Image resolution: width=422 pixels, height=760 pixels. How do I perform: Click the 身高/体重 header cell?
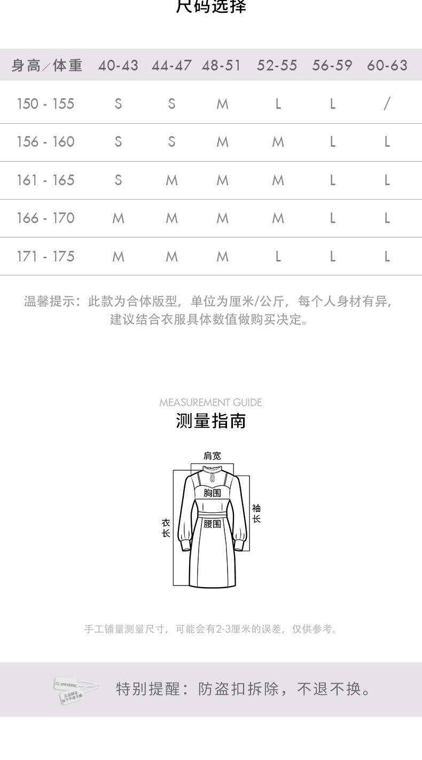click(47, 66)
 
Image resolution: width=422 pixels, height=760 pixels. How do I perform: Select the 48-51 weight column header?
click(222, 66)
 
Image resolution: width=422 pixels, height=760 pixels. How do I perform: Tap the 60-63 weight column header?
click(387, 66)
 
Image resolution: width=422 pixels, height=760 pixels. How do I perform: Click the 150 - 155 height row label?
click(45, 104)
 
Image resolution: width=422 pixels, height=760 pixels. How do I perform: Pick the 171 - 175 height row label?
click(45, 256)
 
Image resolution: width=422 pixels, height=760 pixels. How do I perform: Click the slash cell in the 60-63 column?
click(387, 104)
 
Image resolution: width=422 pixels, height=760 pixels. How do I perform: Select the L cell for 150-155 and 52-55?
click(278, 104)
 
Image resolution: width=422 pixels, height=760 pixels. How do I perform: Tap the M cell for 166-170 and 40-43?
click(118, 218)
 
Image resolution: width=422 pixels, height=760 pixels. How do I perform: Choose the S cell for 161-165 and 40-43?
click(118, 180)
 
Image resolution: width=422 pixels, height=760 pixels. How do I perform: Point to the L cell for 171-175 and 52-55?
click(278, 256)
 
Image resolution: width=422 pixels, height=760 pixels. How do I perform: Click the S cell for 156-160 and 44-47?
click(171, 142)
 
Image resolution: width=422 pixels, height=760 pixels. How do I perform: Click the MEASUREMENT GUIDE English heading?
click(210, 402)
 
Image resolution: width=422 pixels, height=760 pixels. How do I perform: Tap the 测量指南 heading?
click(210, 421)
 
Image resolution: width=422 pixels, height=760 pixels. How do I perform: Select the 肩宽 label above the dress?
click(212, 456)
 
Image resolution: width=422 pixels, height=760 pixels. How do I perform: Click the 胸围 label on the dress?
click(212, 493)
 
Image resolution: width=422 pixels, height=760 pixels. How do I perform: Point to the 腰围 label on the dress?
click(212, 524)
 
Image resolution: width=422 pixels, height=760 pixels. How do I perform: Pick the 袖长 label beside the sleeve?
click(256, 513)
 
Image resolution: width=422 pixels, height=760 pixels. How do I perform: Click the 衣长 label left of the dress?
click(166, 528)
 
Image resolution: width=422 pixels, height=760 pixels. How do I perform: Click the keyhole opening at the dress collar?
click(212, 473)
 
